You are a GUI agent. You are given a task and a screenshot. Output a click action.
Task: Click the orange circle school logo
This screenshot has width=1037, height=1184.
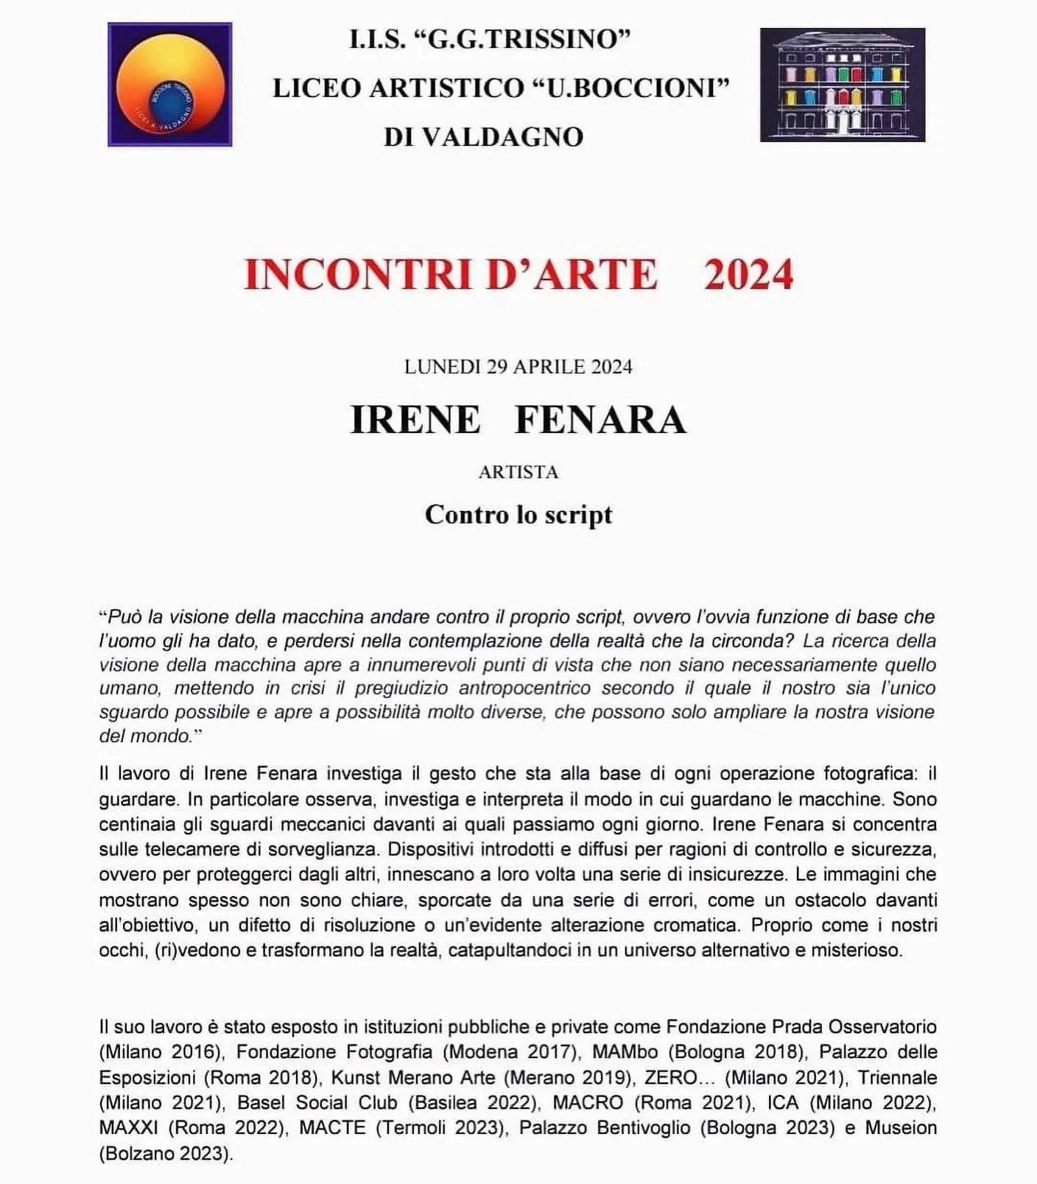(170, 85)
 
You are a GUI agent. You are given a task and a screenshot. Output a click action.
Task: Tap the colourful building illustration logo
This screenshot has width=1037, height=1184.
(842, 85)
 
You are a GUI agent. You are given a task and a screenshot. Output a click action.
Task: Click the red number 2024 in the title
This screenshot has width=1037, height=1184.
(748, 275)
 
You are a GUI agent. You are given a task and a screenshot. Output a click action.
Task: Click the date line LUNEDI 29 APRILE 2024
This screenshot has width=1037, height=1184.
(518, 367)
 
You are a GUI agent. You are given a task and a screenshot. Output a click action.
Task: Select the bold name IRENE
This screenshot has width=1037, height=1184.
(415, 420)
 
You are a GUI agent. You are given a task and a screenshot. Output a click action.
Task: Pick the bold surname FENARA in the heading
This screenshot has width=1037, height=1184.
(600, 420)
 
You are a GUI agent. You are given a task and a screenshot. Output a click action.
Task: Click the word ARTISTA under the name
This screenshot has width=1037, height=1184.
(518, 472)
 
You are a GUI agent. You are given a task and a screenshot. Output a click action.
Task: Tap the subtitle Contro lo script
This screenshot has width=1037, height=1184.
(518, 514)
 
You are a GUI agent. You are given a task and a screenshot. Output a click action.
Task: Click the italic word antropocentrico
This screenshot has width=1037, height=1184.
(524, 688)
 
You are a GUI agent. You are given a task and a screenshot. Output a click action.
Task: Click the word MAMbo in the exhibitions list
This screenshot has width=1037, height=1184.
(625, 1051)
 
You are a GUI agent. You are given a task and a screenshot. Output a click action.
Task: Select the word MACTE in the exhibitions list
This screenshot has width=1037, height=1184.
(332, 1127)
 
